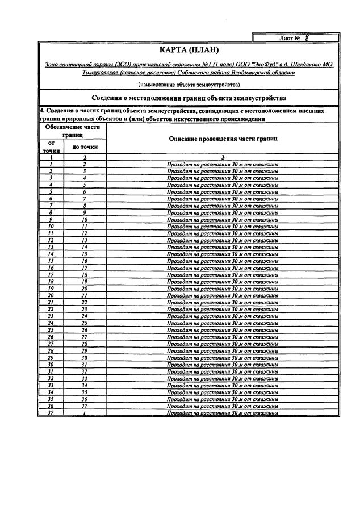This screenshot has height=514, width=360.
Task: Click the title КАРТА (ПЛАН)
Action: click(x=189, y=51)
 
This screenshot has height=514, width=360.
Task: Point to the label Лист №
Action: click(x=290, y=39)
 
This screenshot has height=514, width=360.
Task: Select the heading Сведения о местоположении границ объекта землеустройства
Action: click(x=189, y=98)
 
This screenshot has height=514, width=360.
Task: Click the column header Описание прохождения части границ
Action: click(x=222, y=139)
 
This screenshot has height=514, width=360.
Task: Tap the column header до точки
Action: click(x=85, y=147)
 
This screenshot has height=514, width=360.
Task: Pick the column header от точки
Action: click(x=51, y=147)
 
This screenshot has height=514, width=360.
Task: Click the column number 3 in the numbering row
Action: click(x=222, y=157)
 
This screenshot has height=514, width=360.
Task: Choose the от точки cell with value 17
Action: click(x=51, y=274)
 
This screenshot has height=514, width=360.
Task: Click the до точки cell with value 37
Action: click(x=85, y=406)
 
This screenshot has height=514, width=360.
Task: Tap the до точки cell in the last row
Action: click(x=85, y=413)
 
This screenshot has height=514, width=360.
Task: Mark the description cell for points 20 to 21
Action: click(x=222, y=295)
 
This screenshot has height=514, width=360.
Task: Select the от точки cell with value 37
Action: click(x=51, y=413)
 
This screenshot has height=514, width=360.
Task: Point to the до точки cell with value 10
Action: click(x=85, y=219)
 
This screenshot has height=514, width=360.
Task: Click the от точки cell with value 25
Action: click(x=51, y=330)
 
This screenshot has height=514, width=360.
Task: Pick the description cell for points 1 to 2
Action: click(x=222, y=164)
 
